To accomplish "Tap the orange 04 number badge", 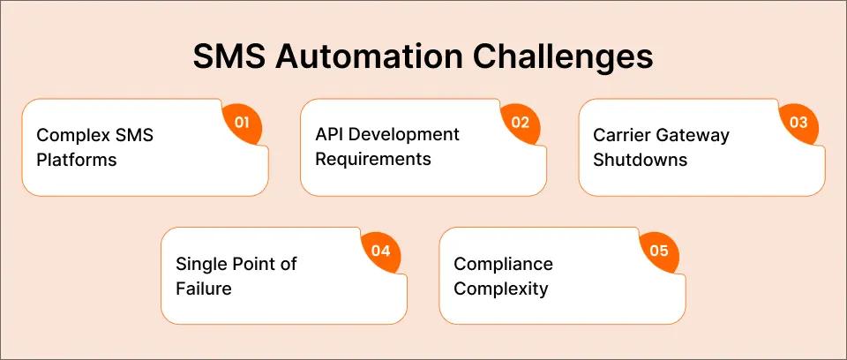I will pos(380,251).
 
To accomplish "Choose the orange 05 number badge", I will pos(659,251).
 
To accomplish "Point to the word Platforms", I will pos(76,161).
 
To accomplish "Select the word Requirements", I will pos(373,160).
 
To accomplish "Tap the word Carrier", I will pos(619,135).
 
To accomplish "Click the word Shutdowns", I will pos(640,160).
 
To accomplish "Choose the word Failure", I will pos(205,288).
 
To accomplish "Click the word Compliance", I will pos(503,264).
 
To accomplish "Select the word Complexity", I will pos(500,289).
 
